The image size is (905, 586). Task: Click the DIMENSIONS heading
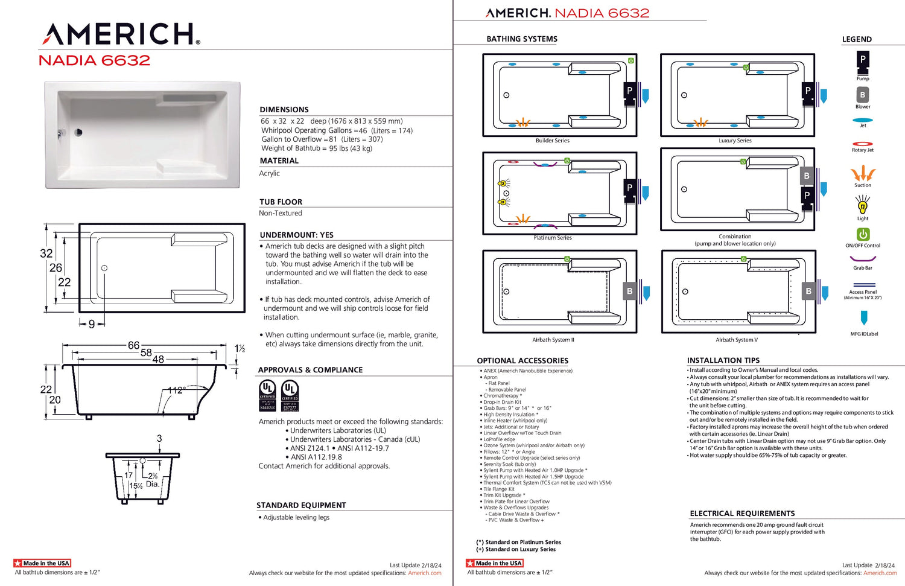point(284,110)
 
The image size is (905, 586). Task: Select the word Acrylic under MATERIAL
point(270,173)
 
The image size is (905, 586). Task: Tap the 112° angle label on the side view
point(176,390)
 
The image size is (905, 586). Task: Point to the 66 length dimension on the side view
point(133,345)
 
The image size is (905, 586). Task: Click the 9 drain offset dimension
point(92,324)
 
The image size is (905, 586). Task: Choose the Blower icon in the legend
point(863,95)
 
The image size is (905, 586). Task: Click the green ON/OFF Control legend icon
point(863,234)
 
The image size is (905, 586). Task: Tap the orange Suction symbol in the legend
point(863,174)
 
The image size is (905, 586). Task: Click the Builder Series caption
point(553,141)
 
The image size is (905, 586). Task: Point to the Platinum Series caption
point(553,238)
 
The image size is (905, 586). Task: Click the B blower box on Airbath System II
point(630,291)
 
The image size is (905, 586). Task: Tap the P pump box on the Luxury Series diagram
point(808,91)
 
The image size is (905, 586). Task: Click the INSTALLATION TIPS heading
point(723,360)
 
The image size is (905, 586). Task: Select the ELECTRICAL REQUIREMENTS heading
point(742,514)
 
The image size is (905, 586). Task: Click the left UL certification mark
point(267,395)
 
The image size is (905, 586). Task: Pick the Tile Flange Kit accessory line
point(499,489)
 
